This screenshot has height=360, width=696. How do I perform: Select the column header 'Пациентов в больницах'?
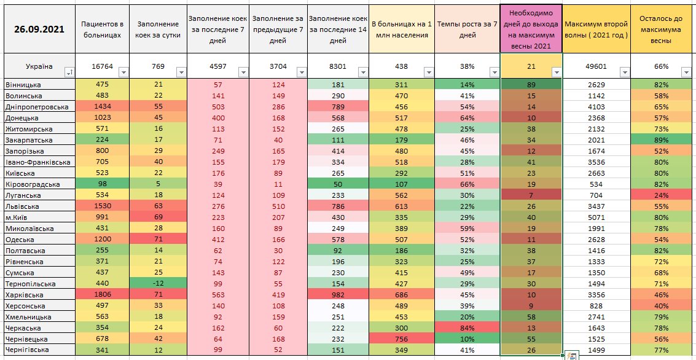[x=102, y=29]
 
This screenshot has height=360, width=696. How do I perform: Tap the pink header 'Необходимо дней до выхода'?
[x=531, y=29]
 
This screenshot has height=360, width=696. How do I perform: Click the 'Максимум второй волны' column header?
[x=596, y=29]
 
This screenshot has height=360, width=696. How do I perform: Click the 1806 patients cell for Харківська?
[x=102, y=294]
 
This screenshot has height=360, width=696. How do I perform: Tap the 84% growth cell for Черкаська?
[x=467, y=328]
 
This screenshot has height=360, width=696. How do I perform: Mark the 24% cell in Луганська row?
[x=662, y=195]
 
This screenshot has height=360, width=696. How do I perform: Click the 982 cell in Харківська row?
[x=338, y=294]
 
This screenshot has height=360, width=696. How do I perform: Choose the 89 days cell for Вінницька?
[x=531, y=85]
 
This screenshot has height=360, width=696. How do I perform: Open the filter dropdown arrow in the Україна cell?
[x=68, y=72]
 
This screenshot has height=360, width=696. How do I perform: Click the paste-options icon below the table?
[x=571, y=355]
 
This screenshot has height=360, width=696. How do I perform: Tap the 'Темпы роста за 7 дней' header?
[x=467, y=29]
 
